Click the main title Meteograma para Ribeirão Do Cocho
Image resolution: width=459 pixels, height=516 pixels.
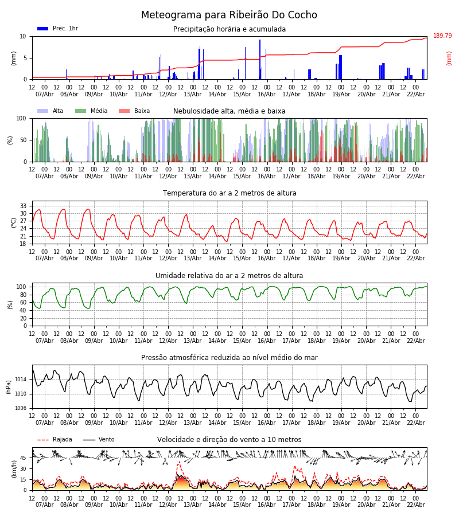229,15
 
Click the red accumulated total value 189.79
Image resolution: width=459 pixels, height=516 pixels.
442,36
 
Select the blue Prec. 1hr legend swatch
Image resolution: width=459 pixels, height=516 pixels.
42,29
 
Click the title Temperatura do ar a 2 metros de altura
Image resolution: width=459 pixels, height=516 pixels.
229,193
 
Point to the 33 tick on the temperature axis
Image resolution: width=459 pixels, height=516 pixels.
24,206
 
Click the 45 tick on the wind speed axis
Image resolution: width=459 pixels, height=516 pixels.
24,458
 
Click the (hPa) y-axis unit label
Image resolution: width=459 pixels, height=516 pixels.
9,386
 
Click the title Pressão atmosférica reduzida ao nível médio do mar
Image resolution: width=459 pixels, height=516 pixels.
229,358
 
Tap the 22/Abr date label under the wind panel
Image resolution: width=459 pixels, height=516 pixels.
415,505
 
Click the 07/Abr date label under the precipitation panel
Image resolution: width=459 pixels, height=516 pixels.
45,94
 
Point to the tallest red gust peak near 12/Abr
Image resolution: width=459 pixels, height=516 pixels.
179,462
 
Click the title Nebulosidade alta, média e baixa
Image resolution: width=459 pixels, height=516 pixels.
229,111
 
